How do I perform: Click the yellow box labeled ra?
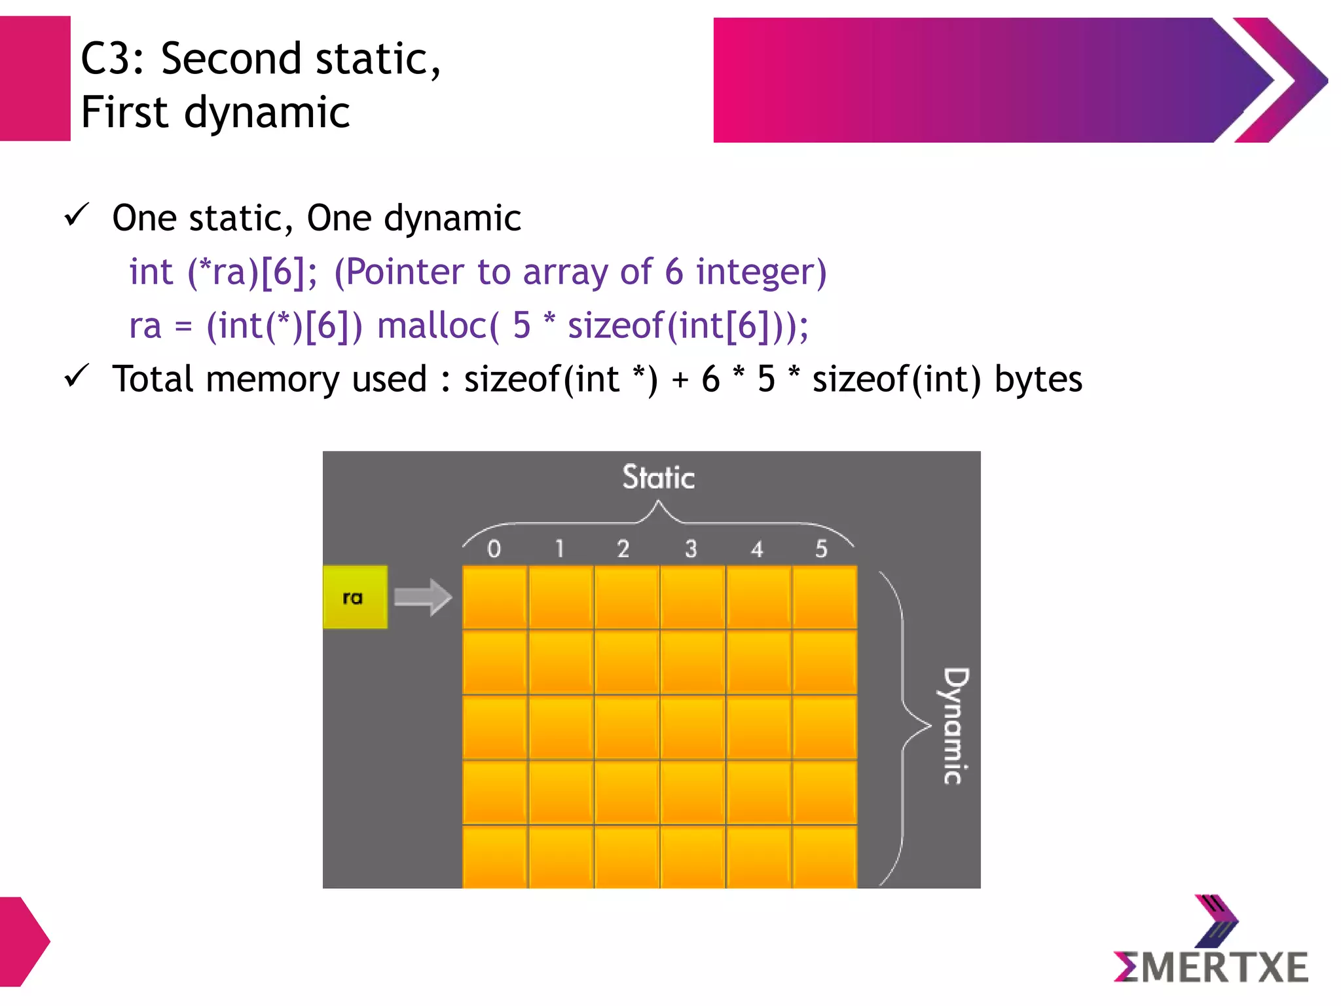pos(355,597)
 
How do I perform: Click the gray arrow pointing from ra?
pos(423,597)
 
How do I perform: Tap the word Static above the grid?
pos(658,477)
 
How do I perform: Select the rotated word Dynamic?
pos(955,726)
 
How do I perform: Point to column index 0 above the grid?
pos(494,549)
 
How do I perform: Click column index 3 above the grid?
pos(691,549)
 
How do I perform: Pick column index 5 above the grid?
pos(822,549)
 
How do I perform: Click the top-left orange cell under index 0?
pos(495,597)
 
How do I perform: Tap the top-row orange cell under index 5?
pos(824,597)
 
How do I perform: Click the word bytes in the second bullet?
pos(1038,379)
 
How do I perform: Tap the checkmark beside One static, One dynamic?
pos(77,215)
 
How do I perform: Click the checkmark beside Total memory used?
pos(77,376)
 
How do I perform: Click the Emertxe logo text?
pos(1211,967)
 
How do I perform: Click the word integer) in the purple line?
pos(761,272)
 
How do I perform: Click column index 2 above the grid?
pos(623,549)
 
